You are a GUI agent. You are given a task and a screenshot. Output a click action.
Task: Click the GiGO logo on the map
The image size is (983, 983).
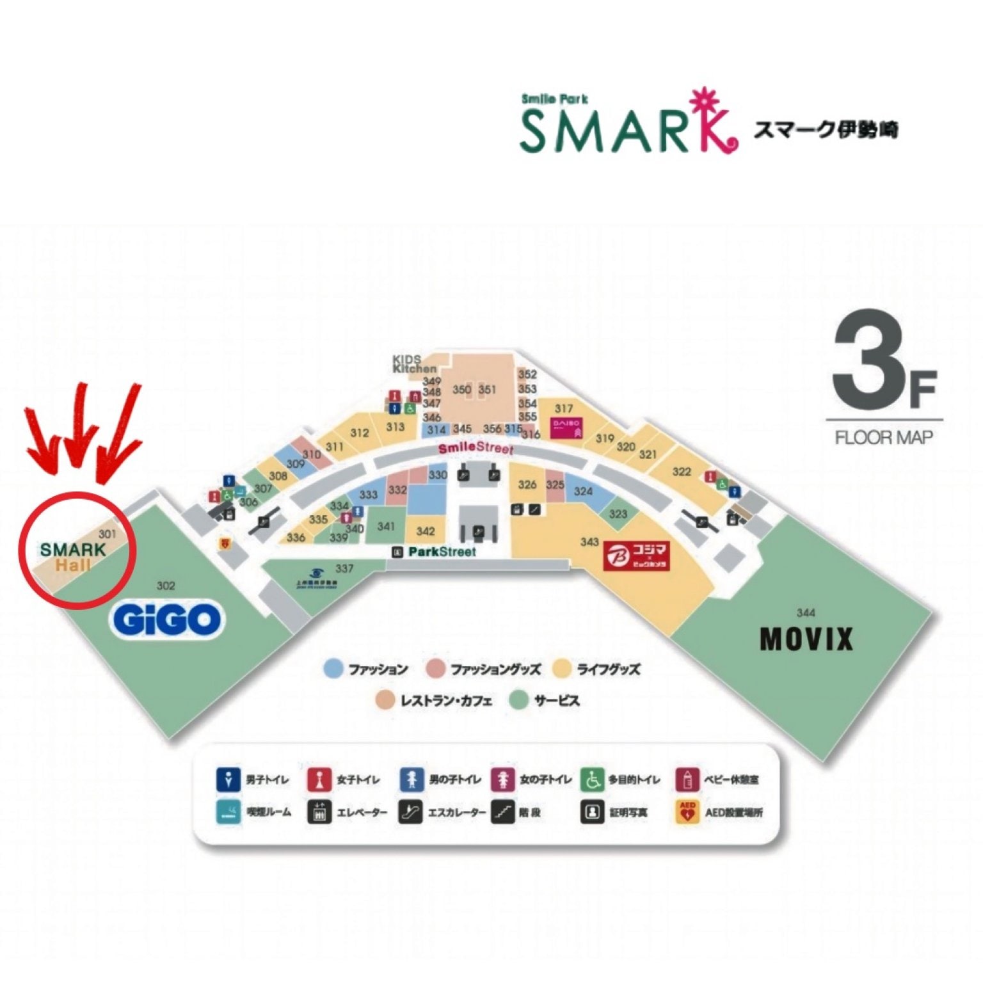tap(168, 619)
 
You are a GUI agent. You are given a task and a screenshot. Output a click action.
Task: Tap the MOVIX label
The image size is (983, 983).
tap(806, 639)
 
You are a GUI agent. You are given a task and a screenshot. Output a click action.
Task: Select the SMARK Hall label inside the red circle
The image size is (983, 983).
tap(72, 556)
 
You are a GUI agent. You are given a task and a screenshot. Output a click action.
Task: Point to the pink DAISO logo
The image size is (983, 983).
tap(566, 428)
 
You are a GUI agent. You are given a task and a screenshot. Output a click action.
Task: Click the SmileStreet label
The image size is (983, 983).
tap(476, 447)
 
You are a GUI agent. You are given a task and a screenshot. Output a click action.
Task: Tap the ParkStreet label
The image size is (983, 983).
tap(442, 552)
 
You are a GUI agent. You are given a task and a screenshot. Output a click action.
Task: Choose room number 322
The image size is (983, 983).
tap(682, 472)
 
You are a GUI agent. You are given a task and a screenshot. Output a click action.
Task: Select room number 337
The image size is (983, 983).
tap(344, 568)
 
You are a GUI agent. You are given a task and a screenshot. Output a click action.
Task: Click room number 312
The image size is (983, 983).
tap(360, 433)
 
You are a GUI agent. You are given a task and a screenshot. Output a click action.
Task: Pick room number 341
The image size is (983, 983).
tap(386, 526)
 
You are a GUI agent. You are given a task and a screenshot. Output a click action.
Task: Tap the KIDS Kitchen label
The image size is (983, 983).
tap(413, 364)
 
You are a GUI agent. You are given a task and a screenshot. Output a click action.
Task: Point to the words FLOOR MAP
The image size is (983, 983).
tap(884, 438)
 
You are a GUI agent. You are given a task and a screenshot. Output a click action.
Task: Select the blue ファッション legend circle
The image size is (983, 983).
tap(333, 669)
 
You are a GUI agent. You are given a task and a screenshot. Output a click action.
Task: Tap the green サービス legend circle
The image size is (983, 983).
tap(518, 700)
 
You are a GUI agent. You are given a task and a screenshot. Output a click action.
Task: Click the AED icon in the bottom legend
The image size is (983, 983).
tap(687, 812)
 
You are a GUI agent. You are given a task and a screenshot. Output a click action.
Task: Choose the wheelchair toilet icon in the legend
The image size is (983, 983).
tap(593, 779)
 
